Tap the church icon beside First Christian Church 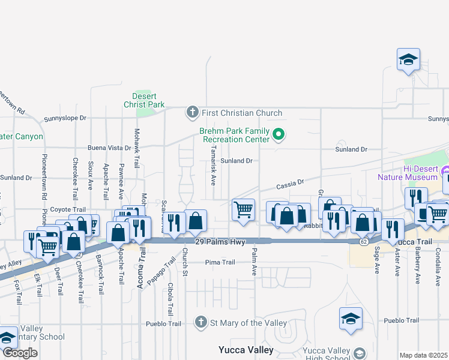tap(192, 112)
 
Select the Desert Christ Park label tap(144, 100)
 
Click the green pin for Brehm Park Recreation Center tap(278, 134)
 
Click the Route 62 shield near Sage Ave tap(364, 241)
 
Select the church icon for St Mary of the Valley tap(202, 323)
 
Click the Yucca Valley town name tap(246, 350)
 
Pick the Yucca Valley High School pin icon tap(360, 353)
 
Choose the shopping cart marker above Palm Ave tap(243, 210)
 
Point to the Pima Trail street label tap(220, 262)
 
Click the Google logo tap(20, 353)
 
